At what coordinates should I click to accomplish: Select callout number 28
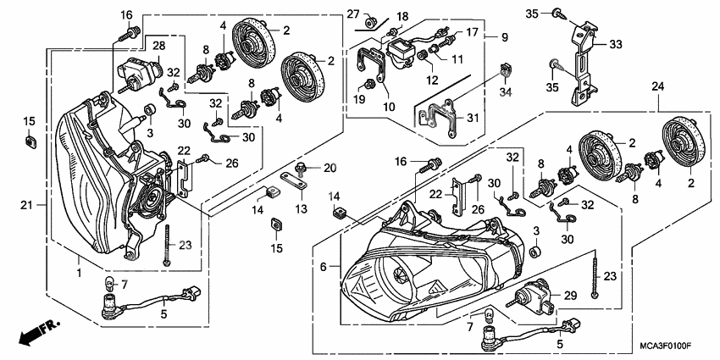pos(158,44)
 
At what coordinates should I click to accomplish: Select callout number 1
pos(78,273)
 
